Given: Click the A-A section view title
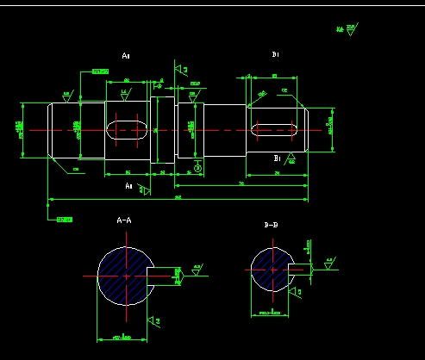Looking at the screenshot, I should (124, 220).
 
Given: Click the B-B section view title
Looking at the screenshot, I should (271, 225).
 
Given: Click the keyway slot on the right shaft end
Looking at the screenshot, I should (275, 130).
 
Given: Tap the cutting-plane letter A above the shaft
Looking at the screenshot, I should (126, 56).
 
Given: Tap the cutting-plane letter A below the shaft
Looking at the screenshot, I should (128, 185).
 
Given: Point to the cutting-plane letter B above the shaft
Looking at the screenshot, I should (275, 54).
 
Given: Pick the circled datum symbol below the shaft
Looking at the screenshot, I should (198, 169).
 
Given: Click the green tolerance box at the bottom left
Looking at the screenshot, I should (64, 220).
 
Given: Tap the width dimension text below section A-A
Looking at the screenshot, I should (125, 338).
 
